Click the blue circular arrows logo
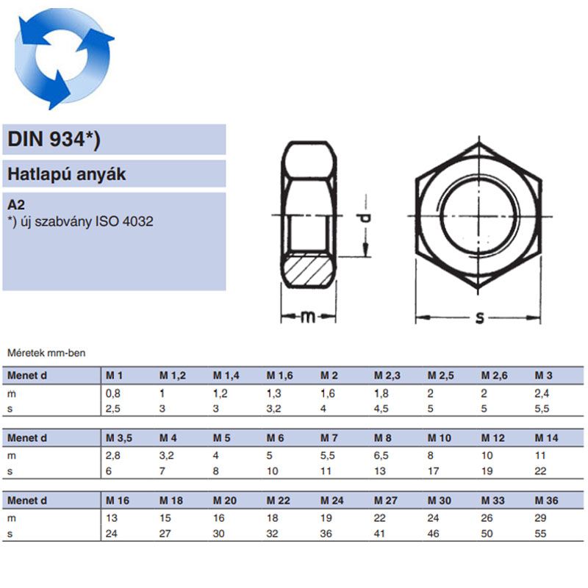click(65, 57)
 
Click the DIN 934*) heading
click(54, 140)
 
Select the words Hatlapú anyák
click(67, 174)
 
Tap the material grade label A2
click(15, 205)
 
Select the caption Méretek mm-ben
click(46, 354)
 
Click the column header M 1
click(115, 376)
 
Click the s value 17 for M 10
click(434, 471)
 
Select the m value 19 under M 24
click(326, 519)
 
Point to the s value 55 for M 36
click(541, 534)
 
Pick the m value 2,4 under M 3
click(542, 394)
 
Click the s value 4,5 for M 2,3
click(381, 409)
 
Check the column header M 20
click(225, 501)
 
